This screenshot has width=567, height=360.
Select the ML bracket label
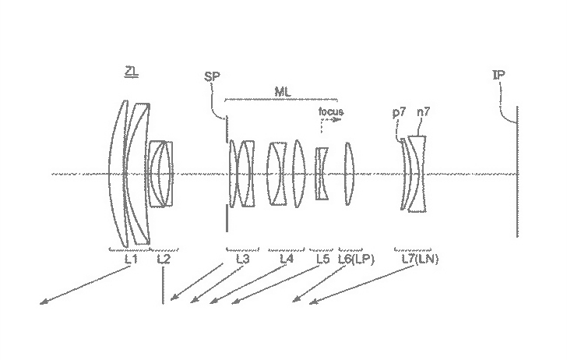283,90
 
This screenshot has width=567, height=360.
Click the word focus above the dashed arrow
330,111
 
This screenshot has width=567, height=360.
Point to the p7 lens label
400,112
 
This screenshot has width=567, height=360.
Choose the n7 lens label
424,112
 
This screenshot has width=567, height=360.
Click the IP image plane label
499,76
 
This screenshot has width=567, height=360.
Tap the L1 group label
130,259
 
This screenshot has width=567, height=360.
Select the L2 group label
164,259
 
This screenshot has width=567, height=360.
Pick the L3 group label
242,259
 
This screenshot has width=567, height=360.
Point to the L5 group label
323,259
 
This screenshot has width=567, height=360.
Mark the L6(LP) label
356,259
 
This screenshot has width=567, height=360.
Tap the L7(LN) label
419,259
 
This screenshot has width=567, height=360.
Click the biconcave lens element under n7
418,173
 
